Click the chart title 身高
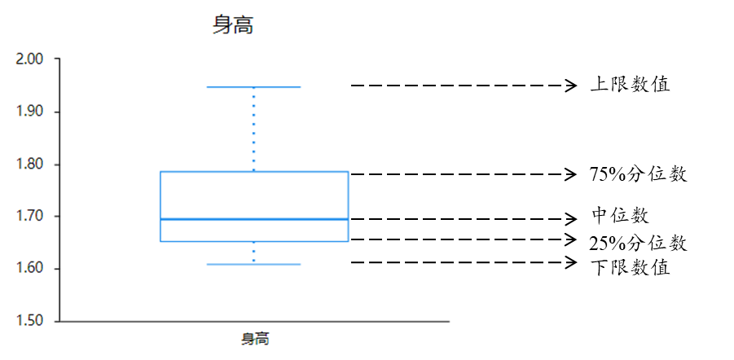coord(233,25)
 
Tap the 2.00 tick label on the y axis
coord(29,59)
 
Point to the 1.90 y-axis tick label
coord(29,112)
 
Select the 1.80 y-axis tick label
coord(29,165)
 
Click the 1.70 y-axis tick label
coord(29,217)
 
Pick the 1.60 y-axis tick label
coord(29,269)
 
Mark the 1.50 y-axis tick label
coord(29,322)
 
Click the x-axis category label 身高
coord(255,339)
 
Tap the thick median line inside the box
coord(254,219)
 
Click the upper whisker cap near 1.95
coord(254,86)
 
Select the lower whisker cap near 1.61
coord(254,264)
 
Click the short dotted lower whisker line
coord(254,252)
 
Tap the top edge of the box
coord(254,172)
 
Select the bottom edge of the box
coord(254,241)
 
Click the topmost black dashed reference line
coord(402,86)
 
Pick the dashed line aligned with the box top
coord(402,174)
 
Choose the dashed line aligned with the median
coord(402,219)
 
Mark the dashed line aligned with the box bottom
coord(402,239)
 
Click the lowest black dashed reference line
coord(402,262)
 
